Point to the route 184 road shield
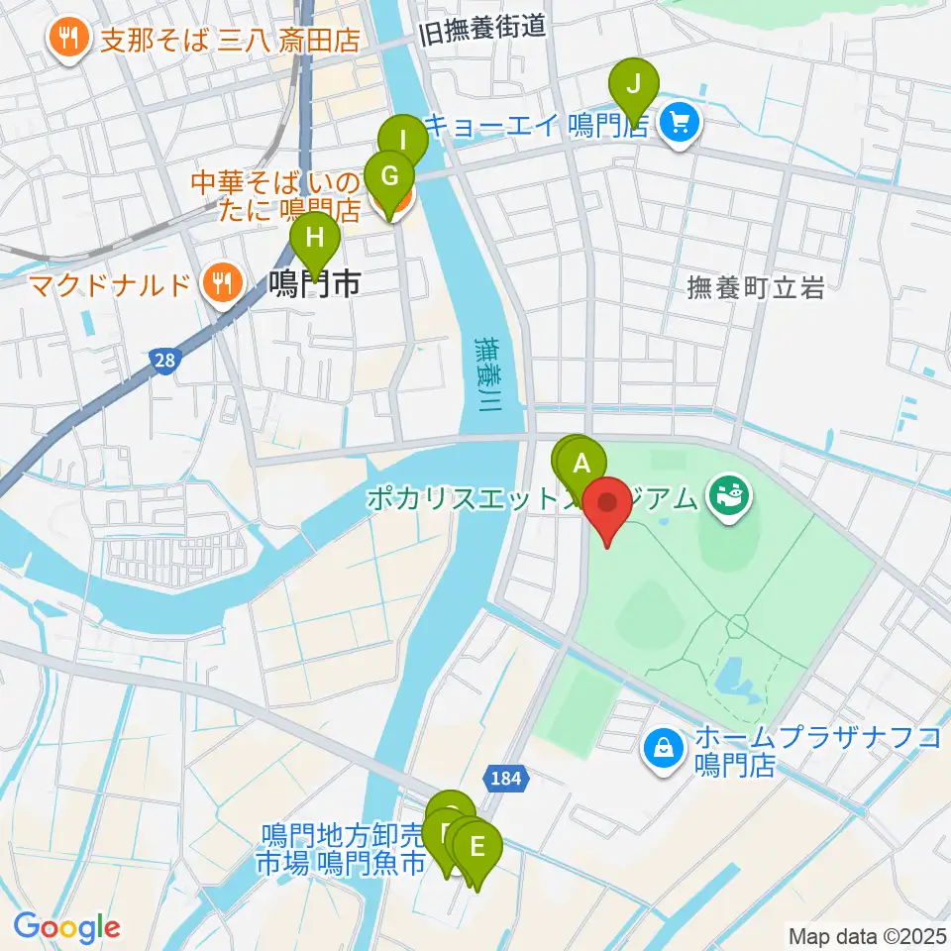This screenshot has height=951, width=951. pos(505,780)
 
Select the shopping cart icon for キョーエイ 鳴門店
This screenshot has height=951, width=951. pos(680,124)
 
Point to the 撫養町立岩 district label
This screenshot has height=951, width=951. pos(756,288)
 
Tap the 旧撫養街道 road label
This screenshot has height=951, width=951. pos(483,28)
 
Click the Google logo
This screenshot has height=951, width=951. pos(66,927)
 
